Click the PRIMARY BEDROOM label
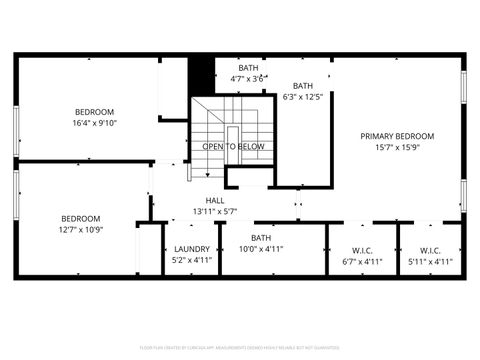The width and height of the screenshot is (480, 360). (x=397, y=136)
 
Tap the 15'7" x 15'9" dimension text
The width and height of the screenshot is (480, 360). (x=397, y=148)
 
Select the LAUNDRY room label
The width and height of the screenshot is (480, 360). (x=191, y=249)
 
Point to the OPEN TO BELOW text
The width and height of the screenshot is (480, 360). (x=233, y=146)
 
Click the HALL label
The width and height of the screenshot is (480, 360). (x=215, y=200)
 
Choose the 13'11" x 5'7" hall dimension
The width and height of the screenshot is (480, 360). (x=215, y=212)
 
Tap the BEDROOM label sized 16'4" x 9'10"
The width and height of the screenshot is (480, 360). (x=94, y=111)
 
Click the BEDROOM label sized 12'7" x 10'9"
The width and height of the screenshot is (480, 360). (x=81, y=218)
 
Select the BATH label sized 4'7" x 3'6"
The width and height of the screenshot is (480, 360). (x=248, y=67)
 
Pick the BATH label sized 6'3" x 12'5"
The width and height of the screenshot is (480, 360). (x=302, y=86)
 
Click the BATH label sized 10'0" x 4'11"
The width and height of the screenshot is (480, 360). (x=261, y=237)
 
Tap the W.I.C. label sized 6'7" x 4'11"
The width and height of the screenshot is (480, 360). (x=362, y=250)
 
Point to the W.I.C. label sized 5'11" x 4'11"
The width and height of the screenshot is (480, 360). (x=430, y=250)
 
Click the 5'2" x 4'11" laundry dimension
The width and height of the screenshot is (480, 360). (x=191, y=261)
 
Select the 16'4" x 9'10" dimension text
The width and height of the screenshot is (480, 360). (x=94, y=123)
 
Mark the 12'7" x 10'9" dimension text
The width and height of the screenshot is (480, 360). (x=81, y=230)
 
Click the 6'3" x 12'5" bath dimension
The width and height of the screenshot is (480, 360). (x=302, y=98)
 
